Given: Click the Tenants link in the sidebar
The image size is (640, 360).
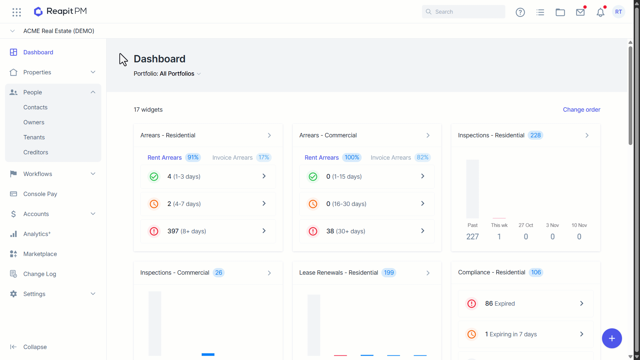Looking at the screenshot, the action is (x=34, y=137).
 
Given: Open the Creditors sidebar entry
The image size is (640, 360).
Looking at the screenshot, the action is (x=36, y=152).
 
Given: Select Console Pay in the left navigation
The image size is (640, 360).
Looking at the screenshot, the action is (x=40, y=194).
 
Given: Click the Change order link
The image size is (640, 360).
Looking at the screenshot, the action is (x=581, y=110).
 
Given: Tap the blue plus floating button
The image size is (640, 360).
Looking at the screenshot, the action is (x=612, y=338).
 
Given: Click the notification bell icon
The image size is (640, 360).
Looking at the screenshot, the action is (x=600, y=12).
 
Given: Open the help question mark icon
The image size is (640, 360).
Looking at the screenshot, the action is (x=520, y=12).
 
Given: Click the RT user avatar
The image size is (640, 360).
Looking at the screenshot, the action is (x=618, y=12).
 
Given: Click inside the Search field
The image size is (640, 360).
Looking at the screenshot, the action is (x=463, y=12).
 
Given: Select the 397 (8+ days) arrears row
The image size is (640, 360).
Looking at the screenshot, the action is (x=208, y=231).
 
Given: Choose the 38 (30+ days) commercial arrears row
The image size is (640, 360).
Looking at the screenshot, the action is (x=367, y=231).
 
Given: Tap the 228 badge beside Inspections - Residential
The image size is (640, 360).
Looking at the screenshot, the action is (x=535, y=135).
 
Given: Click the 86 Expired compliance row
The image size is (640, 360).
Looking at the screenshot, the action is (x=526, y=303).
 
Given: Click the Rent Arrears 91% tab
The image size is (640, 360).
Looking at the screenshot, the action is (x=174, y=157).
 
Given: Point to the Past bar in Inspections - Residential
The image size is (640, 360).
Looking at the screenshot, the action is (x=472, y=189).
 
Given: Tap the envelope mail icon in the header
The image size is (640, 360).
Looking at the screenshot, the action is (x=580, y=12).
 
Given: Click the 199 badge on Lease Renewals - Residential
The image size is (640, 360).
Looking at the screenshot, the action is (x=389, y=273).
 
